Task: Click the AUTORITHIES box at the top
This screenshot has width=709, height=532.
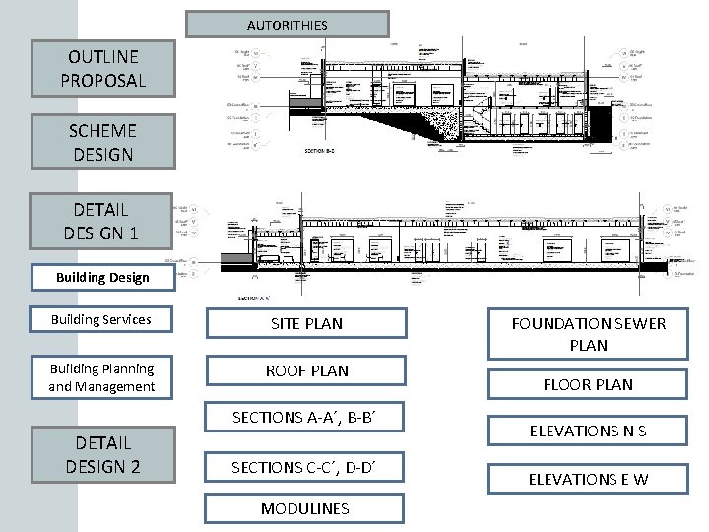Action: pos(287,24)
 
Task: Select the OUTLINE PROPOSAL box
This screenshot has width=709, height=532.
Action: pos(102,68)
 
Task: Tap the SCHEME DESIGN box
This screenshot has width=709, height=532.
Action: pos(102,142)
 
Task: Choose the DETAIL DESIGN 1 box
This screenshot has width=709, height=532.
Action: pos(102,222)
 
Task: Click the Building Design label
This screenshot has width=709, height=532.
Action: pos(102,277)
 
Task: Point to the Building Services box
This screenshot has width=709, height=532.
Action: pos(102,319)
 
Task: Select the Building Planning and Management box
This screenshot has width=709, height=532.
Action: pos(102,376)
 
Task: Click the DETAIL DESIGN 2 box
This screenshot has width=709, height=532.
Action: pos(102,454)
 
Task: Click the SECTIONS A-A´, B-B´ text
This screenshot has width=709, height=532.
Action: pos(304,417)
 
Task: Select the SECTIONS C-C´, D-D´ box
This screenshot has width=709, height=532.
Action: pos(304,467)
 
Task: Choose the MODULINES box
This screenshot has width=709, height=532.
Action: pos(304,508)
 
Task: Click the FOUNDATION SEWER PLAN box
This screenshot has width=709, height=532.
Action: pos(588,334)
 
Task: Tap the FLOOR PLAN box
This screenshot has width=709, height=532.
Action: pos(588,384)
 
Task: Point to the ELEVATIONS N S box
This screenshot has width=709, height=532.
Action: pos(588,431)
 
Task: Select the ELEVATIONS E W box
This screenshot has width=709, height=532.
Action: pos(588,479)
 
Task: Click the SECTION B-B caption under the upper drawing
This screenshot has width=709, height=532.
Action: pos(320,152)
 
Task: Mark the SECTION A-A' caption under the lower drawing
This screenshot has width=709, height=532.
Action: pos(254,297)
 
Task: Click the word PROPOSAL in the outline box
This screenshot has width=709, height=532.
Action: pos(102,80)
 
